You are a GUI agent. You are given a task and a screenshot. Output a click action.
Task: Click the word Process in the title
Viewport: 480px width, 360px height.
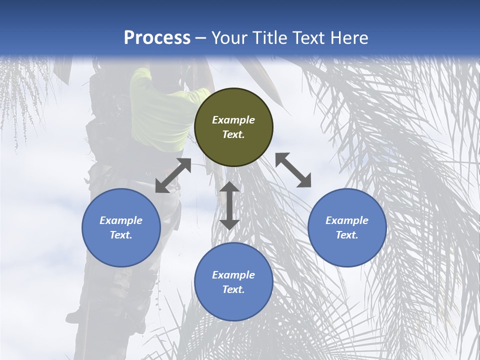[157, 38]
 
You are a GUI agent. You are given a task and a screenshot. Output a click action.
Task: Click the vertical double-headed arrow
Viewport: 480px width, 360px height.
[229, 205]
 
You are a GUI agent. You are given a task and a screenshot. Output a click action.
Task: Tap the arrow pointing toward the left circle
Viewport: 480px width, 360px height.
[173, 175]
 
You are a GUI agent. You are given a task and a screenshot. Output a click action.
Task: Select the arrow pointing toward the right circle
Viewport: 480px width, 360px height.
[293, 170]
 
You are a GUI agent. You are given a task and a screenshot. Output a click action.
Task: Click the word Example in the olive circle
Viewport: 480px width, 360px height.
[233, 120]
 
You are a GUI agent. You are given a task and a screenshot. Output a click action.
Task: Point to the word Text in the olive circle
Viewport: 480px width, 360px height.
[233, 134]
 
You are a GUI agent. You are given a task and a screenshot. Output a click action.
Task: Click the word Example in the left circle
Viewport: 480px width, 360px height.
[121, 220]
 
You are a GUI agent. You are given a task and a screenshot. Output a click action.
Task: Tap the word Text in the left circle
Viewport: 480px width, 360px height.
[121, 235]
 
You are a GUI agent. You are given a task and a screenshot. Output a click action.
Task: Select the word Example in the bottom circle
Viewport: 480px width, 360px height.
[233, 275]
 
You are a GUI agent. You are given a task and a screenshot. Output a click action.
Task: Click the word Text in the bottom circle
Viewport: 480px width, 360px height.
[233, 289]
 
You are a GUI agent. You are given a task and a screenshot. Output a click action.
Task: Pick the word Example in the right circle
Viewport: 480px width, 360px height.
[347, 220]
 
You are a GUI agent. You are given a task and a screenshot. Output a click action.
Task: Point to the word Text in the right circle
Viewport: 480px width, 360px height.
[347, 235]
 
